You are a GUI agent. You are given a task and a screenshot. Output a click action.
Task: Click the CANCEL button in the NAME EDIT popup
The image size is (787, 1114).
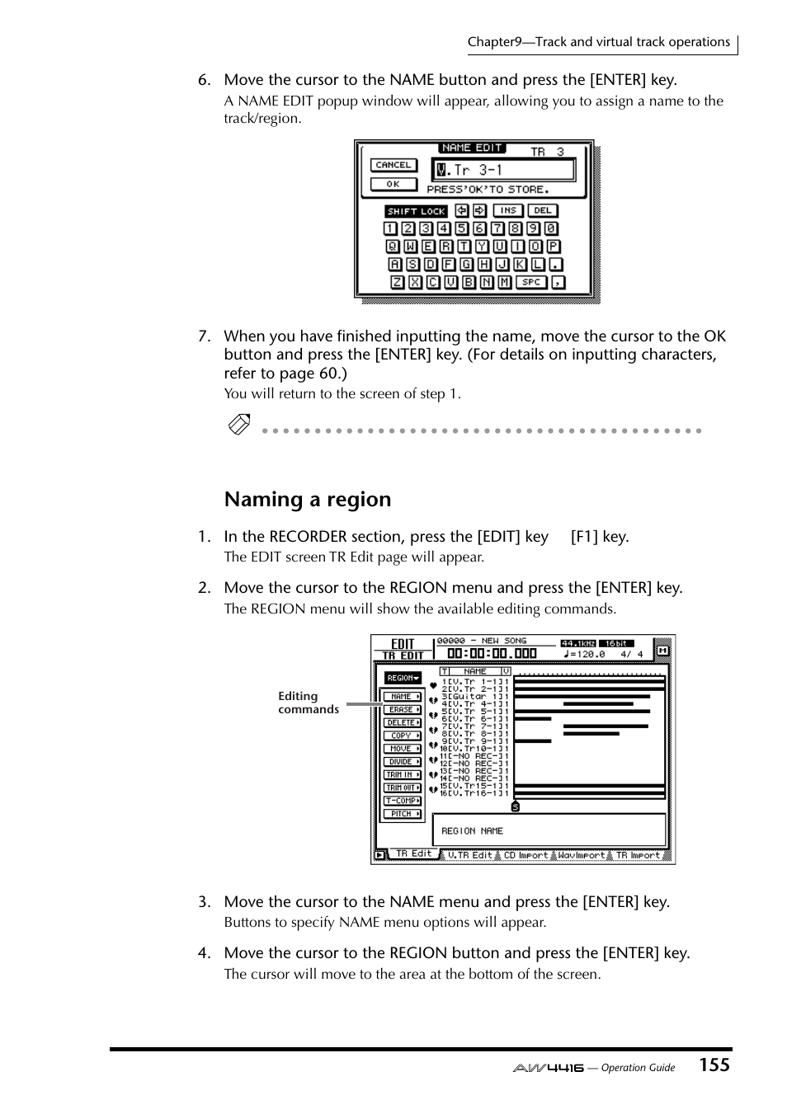click(393, 165)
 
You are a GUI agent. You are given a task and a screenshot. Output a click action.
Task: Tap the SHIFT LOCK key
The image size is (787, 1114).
click(416, 211)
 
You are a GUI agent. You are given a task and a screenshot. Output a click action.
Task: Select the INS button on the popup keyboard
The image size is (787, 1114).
click(508, 211)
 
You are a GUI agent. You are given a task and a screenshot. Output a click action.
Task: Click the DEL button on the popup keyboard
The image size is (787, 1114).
click(542, 211)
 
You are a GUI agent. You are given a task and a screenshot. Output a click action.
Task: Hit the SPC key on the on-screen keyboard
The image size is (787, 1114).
click(531, 282)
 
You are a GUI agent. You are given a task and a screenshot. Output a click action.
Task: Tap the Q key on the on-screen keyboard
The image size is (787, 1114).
click(393, 247)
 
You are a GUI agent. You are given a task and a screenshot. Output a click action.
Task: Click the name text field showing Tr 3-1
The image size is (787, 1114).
click(504, 171)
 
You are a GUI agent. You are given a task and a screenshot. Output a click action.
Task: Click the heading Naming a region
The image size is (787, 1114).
click(307, 500)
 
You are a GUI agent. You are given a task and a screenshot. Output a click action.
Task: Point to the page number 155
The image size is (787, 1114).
click(714, 1065)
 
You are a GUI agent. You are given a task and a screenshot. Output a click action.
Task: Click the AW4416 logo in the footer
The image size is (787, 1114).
click(548, 1068)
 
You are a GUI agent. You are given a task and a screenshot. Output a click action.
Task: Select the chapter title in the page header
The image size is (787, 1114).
click(598, 42)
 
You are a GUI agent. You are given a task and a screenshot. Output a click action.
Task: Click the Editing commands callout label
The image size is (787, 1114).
click(308, 703)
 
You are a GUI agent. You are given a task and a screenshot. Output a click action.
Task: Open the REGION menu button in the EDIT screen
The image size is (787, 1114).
click(403, 678)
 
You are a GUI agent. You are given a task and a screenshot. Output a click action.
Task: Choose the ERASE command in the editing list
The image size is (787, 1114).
click(402, 709)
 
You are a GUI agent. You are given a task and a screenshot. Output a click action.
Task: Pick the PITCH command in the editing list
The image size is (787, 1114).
click(402, 814)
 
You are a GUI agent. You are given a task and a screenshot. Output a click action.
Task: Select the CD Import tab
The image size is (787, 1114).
click(525, 855)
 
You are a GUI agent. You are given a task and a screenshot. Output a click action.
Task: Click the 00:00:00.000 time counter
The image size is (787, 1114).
click(492, 653)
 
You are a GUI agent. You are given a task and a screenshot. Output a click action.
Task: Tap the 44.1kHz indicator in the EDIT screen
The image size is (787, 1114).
click(577, 643)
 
